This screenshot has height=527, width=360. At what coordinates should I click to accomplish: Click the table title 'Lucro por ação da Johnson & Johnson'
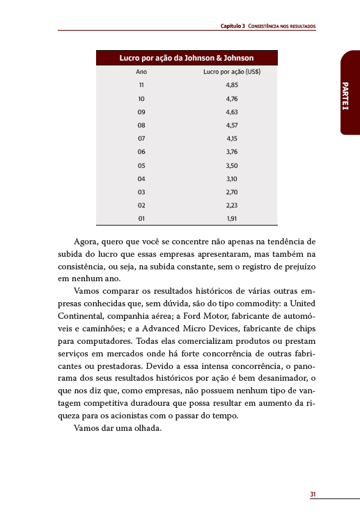click(186, 58)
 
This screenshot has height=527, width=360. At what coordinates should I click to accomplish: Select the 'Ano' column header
click(141, 72)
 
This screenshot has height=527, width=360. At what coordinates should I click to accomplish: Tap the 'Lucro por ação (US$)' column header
click(232, 72)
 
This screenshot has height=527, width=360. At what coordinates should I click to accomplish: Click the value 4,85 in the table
click(232, 85)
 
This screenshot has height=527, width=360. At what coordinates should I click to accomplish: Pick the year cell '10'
click(141, 98)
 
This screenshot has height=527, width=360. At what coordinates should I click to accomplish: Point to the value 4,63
click(232, 111)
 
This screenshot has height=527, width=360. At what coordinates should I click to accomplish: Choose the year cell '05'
click(141, 165)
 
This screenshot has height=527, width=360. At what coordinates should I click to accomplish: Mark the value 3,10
click(232, 178)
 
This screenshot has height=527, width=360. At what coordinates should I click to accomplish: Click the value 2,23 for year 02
click(232, 205)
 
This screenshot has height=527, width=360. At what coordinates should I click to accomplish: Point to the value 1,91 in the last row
click(232, 218)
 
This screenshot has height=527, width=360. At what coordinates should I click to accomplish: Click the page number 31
click(313, 494)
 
